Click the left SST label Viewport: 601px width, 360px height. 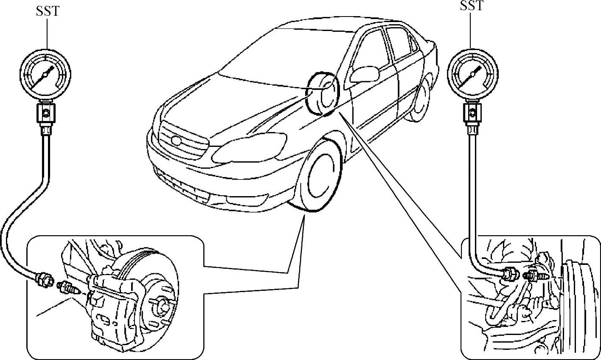[x=48, y=11]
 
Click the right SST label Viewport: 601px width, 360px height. [x=472, y=6]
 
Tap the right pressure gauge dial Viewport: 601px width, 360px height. [x=473, y=75]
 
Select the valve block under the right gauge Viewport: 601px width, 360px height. [x=472, y=112]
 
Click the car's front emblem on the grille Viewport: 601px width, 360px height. [x=175, y=141]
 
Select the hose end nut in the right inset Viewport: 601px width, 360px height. [x=510, y=274]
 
